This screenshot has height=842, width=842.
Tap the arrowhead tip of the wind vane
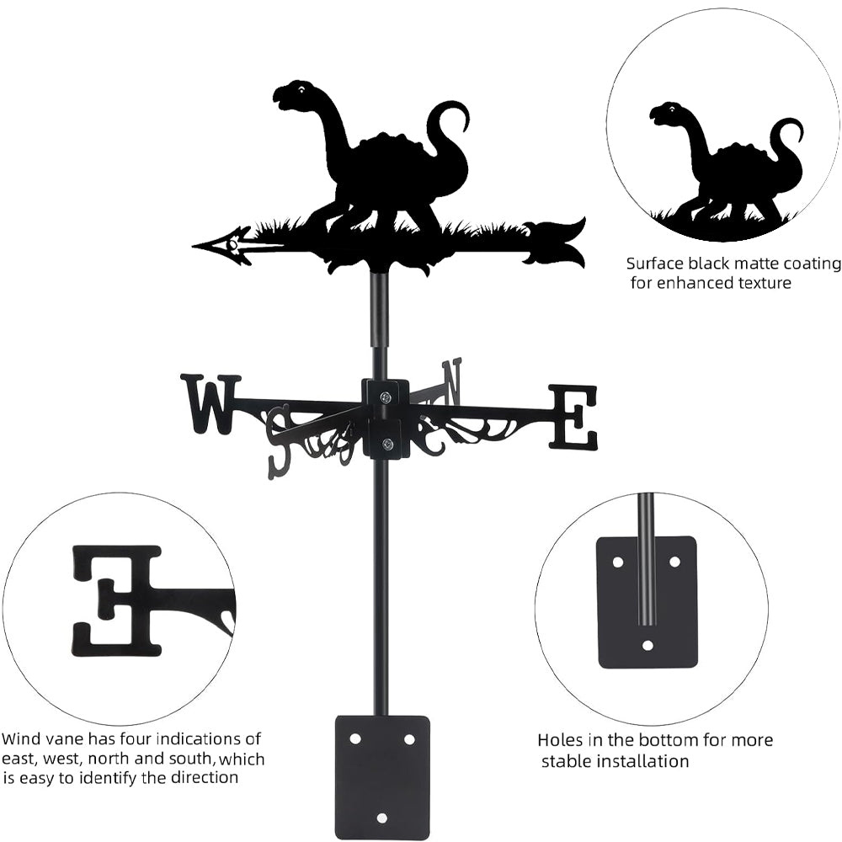pyautogui.click(x=196, y=247)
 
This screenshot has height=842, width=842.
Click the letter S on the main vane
pyautogui.click(x=278, y=439)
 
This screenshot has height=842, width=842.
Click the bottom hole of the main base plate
pyautogui.click(x=382, y=816)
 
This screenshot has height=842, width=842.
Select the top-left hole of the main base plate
pyautogui.click(x=355, y=738)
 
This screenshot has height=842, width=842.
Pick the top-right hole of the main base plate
pyautogui.click(x=409, y=738)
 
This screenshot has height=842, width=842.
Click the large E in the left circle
pyautogui.click(x=118, y=600)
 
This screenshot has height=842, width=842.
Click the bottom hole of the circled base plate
pyautogui.click(x=647, y=645)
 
